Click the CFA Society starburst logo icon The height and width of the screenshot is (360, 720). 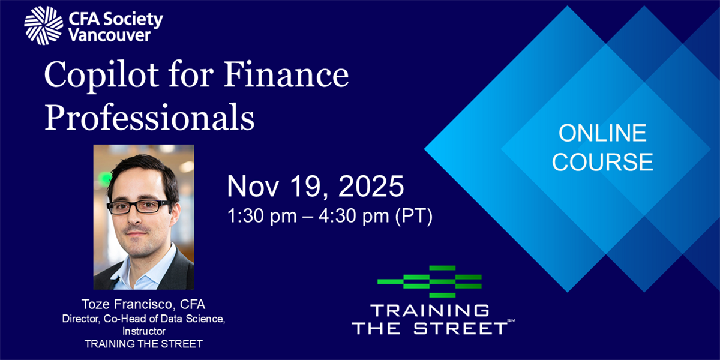click(44, 26)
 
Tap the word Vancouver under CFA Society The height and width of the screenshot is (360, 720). click(110, 35)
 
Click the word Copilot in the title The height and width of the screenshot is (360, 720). click(101, 76)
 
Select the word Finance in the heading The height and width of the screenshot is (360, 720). click(286, 74)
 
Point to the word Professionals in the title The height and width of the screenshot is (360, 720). click(149, 118)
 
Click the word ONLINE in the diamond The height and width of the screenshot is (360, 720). click(602, 133)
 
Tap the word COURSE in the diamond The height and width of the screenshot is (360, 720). click(602, 161)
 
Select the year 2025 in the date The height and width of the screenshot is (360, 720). click(371, 186)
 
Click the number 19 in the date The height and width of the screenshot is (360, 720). click(309, 187)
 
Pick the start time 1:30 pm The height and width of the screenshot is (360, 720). click(262, 216)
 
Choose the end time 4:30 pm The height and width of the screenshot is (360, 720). click(353, 216)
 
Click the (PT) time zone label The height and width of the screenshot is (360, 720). click(413, 216)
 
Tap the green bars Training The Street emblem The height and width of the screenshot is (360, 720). click(430, 281)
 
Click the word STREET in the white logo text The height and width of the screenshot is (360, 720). click(460, 329)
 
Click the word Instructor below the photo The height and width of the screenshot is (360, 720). click(143, 331)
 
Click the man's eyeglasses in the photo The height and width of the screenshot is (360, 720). click(139, 206)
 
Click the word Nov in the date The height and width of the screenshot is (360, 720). click(253, 187)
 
